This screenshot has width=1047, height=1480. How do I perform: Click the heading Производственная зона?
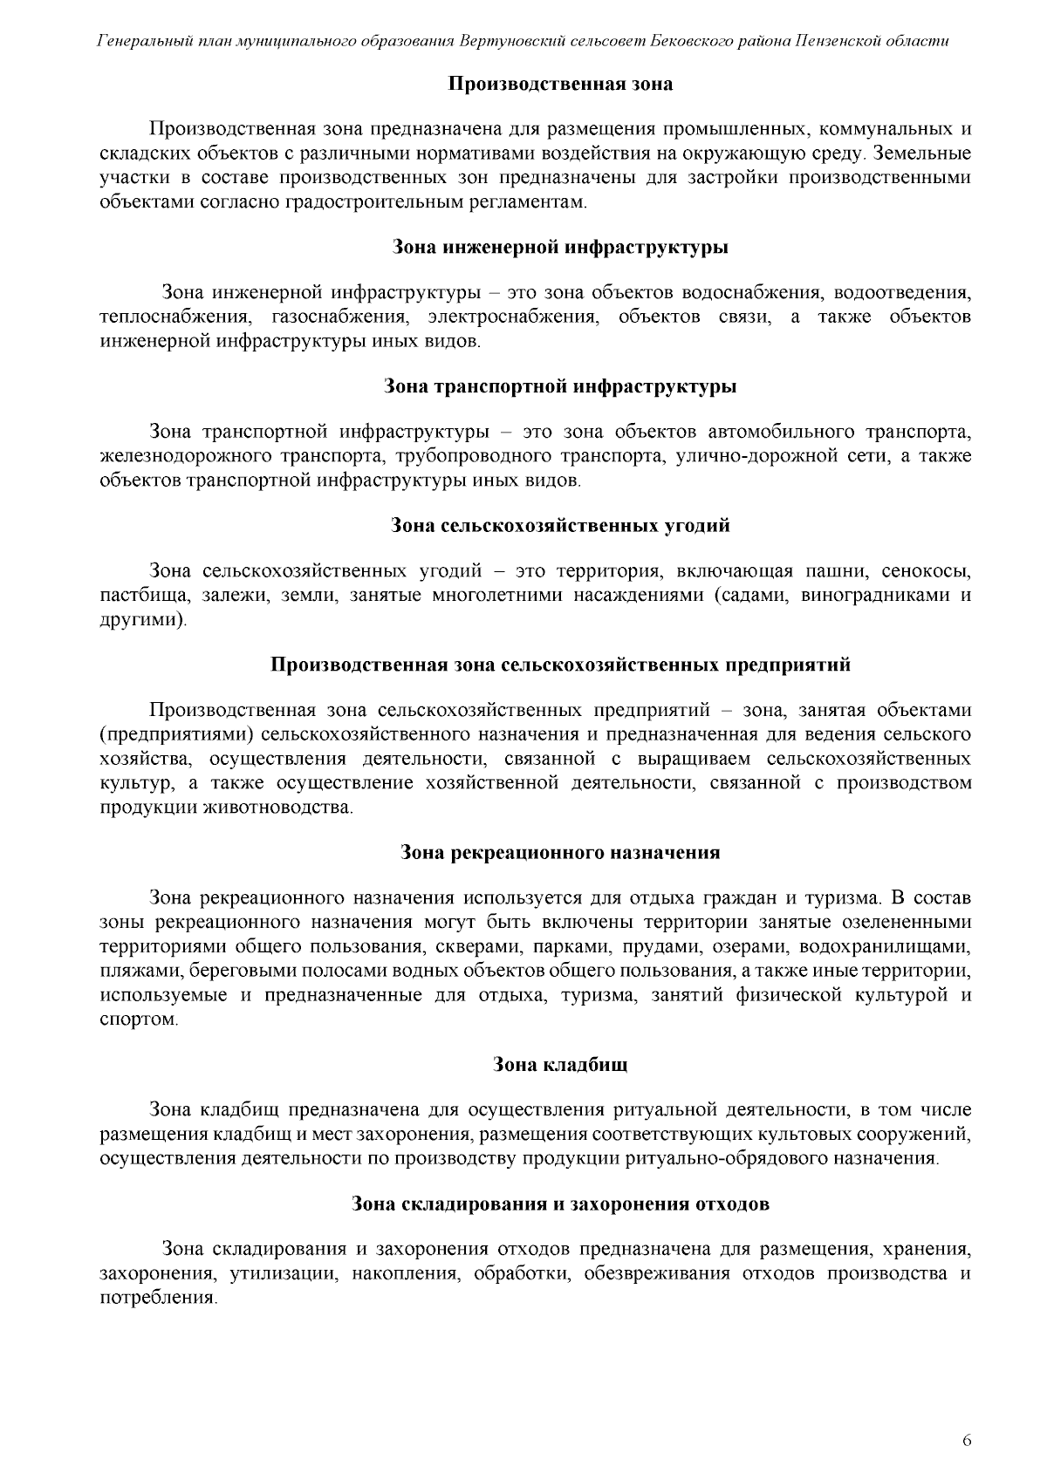560,85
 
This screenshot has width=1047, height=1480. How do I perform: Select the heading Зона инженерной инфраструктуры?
560,247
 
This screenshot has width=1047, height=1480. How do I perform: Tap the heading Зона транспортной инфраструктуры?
560,386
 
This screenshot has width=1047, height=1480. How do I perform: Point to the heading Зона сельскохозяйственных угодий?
560,526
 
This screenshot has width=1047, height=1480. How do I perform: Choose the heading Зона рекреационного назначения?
560,852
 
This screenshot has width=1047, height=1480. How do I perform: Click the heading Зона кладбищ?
560,1065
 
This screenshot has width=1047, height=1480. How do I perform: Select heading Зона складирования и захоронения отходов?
560,1204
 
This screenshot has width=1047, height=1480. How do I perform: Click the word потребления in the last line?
157,1298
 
